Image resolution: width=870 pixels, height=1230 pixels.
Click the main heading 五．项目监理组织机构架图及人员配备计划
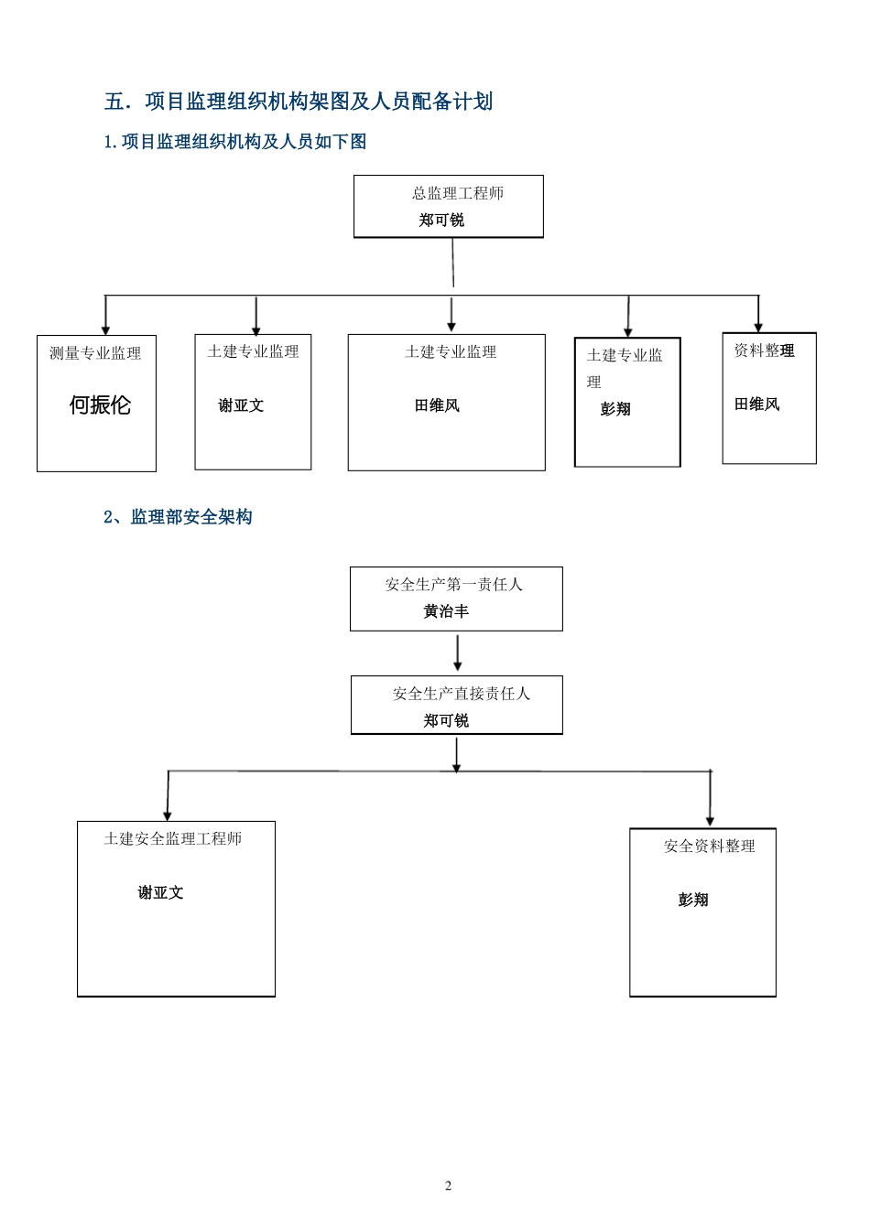tap(299, 102)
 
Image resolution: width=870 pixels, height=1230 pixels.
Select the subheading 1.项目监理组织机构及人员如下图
tap(235, 142)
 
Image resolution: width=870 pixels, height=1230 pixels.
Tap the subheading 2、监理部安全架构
tap(178, 517)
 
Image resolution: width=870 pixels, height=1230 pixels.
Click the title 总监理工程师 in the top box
tap(457, 193)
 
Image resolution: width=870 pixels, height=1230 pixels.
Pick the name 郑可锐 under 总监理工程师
tap(441, 221)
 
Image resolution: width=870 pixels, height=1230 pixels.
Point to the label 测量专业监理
tap(95, 353)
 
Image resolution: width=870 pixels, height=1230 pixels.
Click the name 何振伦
tap(100, 405)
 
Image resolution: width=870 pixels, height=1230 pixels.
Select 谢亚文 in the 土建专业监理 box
tap(241, 405)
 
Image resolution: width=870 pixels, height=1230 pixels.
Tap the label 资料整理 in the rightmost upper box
tap(764, 351)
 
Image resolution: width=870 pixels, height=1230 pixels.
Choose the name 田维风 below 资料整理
tap(756, 405)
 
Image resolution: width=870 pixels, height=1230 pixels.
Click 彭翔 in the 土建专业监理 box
tap(615, 409)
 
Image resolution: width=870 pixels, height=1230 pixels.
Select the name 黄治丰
tap(446, 611)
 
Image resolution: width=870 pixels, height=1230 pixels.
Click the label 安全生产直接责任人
tap(461, 694)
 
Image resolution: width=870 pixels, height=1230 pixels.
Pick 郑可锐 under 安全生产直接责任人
tap(446, 721)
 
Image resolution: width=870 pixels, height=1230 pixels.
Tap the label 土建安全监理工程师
tap(173, 838)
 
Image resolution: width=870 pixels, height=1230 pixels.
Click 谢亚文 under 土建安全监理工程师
tap(160, 892)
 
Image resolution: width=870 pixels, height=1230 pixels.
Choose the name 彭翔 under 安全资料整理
tap(693, 901)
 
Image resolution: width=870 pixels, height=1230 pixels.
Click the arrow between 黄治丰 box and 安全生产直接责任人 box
tap(457, 653)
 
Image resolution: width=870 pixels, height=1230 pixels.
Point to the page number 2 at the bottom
tap(448, 1186)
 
